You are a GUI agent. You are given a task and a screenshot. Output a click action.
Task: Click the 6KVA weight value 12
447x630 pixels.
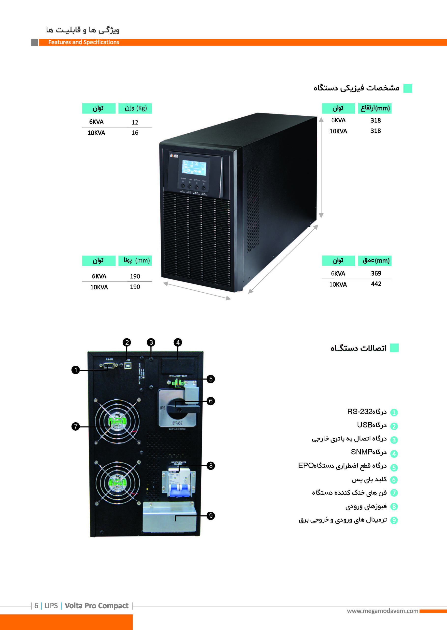(x=135, y=122)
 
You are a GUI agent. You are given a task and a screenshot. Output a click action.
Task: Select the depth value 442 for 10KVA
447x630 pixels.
(x=376, y=284)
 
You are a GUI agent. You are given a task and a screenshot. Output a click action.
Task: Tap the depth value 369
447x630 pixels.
(x=376, y=273)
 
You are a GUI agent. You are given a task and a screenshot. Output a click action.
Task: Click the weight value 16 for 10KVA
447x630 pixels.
(x=135, y=133)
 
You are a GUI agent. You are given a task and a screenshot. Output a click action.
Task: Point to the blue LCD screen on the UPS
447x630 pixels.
(x=194, y=168)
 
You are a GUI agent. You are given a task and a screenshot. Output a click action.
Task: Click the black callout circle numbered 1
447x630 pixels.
(x=75, y=370)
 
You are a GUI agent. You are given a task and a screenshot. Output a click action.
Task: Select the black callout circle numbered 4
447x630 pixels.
(x=178, y=343)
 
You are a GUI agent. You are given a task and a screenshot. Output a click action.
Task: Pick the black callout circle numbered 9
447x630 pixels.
(x=211, y=516)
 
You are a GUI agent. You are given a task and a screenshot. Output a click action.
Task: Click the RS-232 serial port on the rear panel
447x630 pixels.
(x=109, y=365)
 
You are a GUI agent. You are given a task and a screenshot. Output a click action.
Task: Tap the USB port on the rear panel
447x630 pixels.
(x=128, y=366)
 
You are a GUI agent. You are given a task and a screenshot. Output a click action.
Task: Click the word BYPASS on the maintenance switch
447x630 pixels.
(x=177, y=423)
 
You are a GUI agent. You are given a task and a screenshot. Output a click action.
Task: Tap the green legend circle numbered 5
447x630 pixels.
(x=394, y=468)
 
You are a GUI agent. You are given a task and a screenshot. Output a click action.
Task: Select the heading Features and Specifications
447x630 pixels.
(x=84, y=42)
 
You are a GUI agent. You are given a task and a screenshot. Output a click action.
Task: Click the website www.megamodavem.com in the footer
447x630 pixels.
(x=382, y=611)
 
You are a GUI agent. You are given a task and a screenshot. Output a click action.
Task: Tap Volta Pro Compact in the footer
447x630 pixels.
(x=97, y=606)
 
